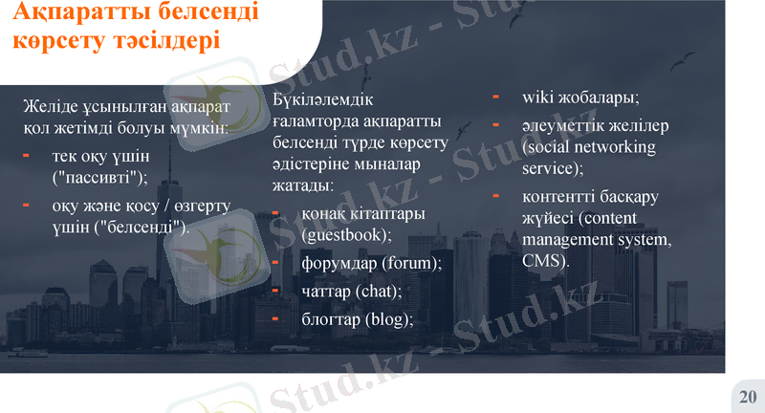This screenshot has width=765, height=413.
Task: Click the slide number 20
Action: [x=748, y=396]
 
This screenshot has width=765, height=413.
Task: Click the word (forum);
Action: [x=412, y=263]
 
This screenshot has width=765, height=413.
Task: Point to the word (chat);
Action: [x=379, y=291]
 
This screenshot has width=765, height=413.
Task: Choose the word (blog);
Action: [x=389, y=319]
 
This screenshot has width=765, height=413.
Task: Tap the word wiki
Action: [x=539, y=98]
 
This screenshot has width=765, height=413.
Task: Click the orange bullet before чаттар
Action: [x=274, y=290]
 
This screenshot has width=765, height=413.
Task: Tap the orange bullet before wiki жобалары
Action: [x=495, y=97]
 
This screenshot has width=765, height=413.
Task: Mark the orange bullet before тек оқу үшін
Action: [x=26, y=155]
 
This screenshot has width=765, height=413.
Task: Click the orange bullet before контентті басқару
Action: [x=495, y=196]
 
